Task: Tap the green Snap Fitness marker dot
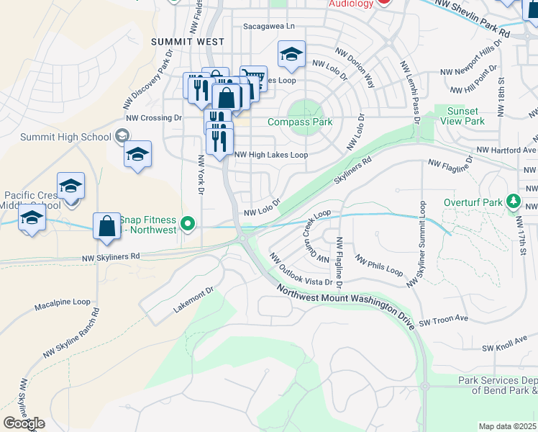point(188,224)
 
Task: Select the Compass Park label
point(300,122)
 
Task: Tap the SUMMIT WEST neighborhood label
point(188,42)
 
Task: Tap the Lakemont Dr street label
point(193,302)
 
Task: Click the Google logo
point(24,423)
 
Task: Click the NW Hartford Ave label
point(506,150)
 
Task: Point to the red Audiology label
point(352,4)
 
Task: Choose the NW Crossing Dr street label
point(153,117)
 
